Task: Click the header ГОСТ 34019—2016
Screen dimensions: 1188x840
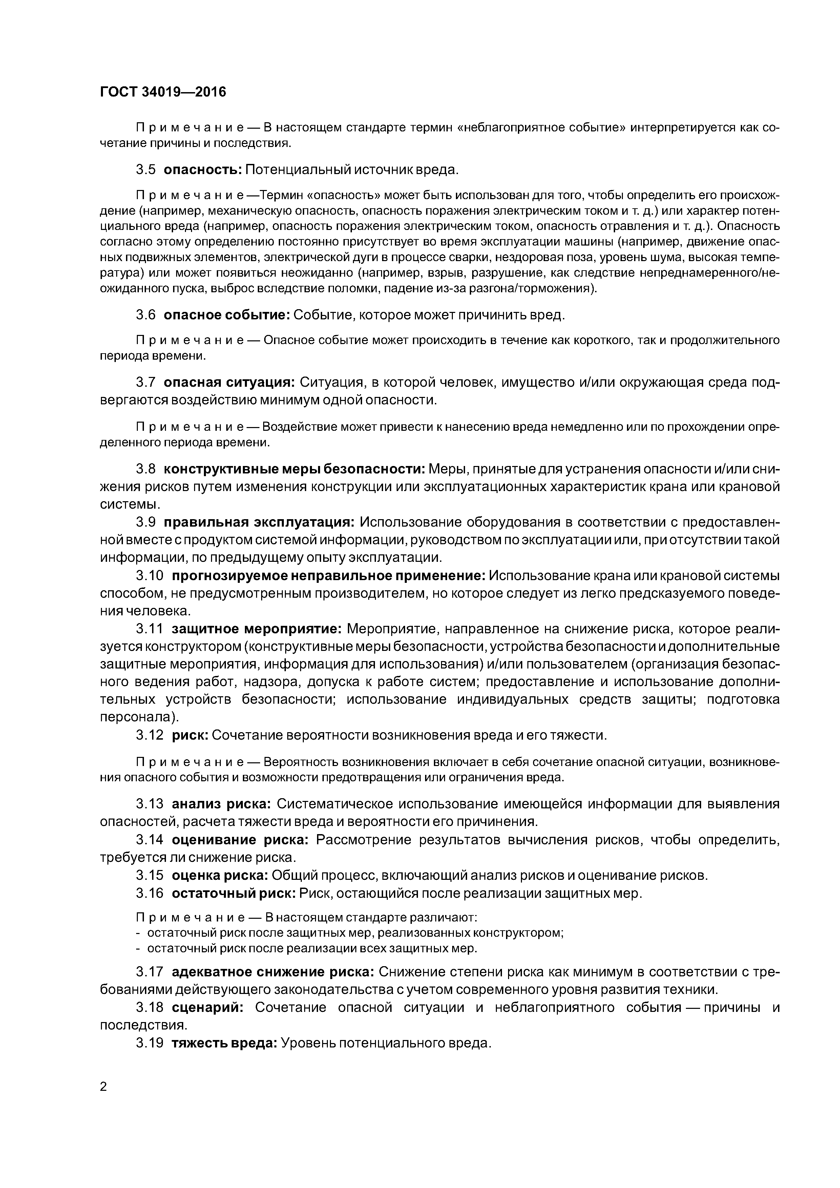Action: (x=163, y=92)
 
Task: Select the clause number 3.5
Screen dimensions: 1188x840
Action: (x=145, y=170)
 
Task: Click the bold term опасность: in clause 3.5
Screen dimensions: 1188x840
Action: (x=202, y=170)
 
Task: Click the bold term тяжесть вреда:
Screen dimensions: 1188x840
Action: (x=224, y=1043)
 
